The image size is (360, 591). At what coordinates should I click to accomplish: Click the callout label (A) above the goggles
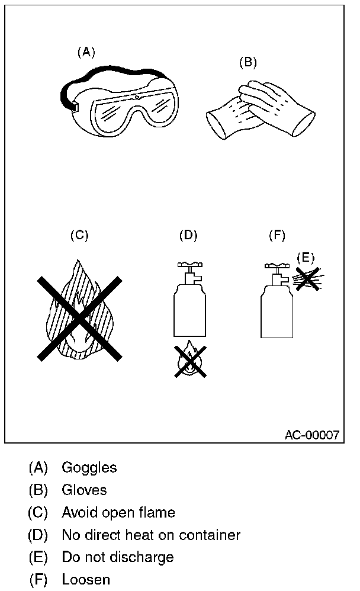(x=86, y=52)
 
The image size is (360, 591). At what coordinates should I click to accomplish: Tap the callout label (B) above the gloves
(x=247, y=62)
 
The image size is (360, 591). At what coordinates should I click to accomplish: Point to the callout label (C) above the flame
(x=79, y=235)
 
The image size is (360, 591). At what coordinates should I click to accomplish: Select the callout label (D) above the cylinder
(x=188, y=235)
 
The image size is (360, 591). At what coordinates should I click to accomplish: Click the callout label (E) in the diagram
(x=306, y=257)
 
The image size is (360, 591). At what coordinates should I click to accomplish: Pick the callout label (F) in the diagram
(x=277, y=235)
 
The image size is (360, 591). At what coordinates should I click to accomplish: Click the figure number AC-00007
(x=311, y=435)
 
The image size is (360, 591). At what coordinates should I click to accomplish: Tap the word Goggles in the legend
(x=89, y=468)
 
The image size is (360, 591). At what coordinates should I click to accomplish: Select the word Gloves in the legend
(x=84, y=490)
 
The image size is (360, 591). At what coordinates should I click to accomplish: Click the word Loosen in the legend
(x=85, y=580)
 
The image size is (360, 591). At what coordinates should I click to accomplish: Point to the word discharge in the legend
(x=145, y=557)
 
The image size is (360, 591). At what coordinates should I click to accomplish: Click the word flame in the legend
(x=159, y=513)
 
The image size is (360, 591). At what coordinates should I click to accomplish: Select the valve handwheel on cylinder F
(x=276, y=266)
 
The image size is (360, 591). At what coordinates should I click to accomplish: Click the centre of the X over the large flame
(x=79, y=318)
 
